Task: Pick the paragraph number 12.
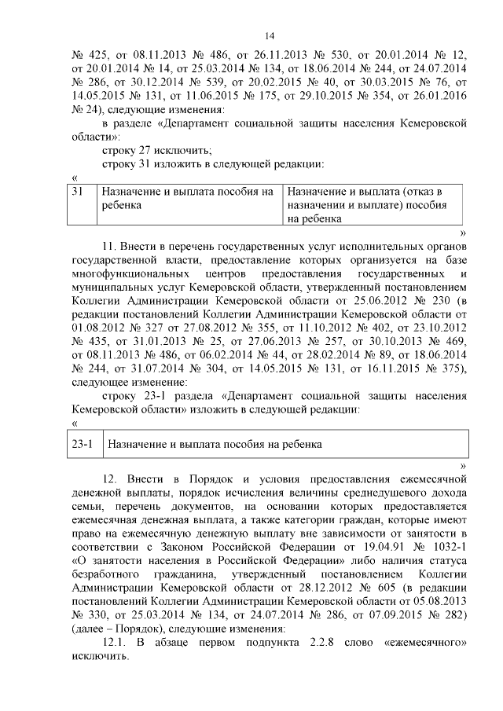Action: pos(109,478)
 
